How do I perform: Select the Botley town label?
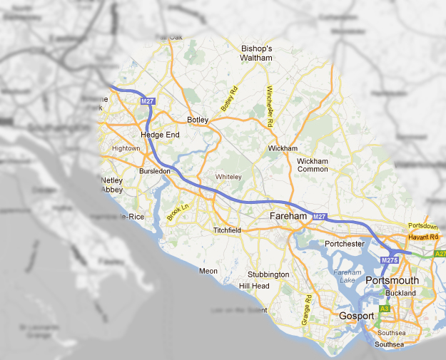pyautogui.click(x=196, y=120)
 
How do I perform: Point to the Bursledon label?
pyautogui.click(x=155, y=172)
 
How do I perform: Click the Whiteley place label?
pyautogui.click(x=229, y=177)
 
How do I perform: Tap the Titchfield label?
pyautogui.click(x=228, y=230)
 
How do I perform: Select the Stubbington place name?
pyautogui.click(x=268, y=274)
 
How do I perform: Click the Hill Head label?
pyautogui.click(x=254, y=286)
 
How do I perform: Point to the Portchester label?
pyautogui.click(x=345, y=244)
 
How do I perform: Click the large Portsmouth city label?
pyautogui.click(x=392, y=281)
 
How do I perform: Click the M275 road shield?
pyautogui.click(x=389, y=261)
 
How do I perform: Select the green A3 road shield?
pyautogui.click(x=385, y=308)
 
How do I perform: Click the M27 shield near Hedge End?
pyautogui.click(x=148, y=102)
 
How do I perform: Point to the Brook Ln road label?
pyautogui.click(x=176, y=212)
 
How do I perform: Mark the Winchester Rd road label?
pyautogui.click(x=270, y=107)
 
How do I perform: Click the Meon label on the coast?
pyautogui.click(x=208, y=271)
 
